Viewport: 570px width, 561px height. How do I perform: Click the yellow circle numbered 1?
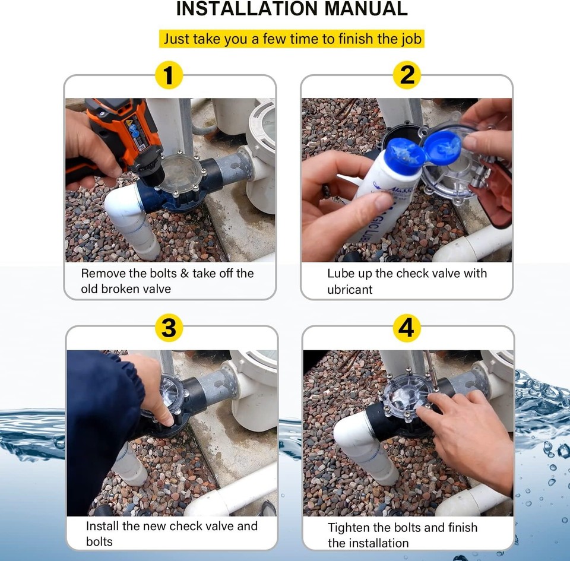(168, 75)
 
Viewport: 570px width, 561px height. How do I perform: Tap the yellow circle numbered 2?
(407, 75)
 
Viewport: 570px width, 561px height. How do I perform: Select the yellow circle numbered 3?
(169, 328)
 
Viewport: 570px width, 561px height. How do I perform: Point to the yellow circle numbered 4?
(406, 328)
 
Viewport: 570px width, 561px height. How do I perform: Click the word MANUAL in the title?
(366, 9)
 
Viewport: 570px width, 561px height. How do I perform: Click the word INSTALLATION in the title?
(247, 9)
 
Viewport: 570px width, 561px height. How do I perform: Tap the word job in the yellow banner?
(411, 39)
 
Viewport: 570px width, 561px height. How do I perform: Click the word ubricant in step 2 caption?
(350, 290)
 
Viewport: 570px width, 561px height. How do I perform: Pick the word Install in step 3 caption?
(103, 526)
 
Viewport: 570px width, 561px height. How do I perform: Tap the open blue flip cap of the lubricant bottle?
(443, 147)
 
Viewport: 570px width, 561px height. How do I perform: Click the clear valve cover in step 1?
(180, 174)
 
